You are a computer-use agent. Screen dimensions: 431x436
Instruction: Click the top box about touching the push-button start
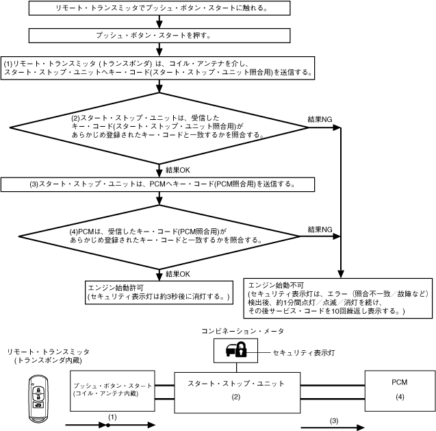(x=160, y=9)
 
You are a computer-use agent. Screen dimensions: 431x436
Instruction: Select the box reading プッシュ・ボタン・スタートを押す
(x=160, y=34)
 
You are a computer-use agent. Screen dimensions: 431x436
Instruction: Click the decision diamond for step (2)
(x=160, y=127)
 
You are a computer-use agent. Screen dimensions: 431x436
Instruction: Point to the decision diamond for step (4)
(x=160, y=236)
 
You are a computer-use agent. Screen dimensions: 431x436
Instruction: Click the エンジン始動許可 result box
(x=160, y=291)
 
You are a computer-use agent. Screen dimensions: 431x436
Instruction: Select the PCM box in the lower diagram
(x=399, y=389)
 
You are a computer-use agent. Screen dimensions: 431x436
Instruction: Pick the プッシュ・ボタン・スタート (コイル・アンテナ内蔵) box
(x=112, y=390)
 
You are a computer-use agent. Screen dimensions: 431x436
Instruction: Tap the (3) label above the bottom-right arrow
(x=334, y=419)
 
